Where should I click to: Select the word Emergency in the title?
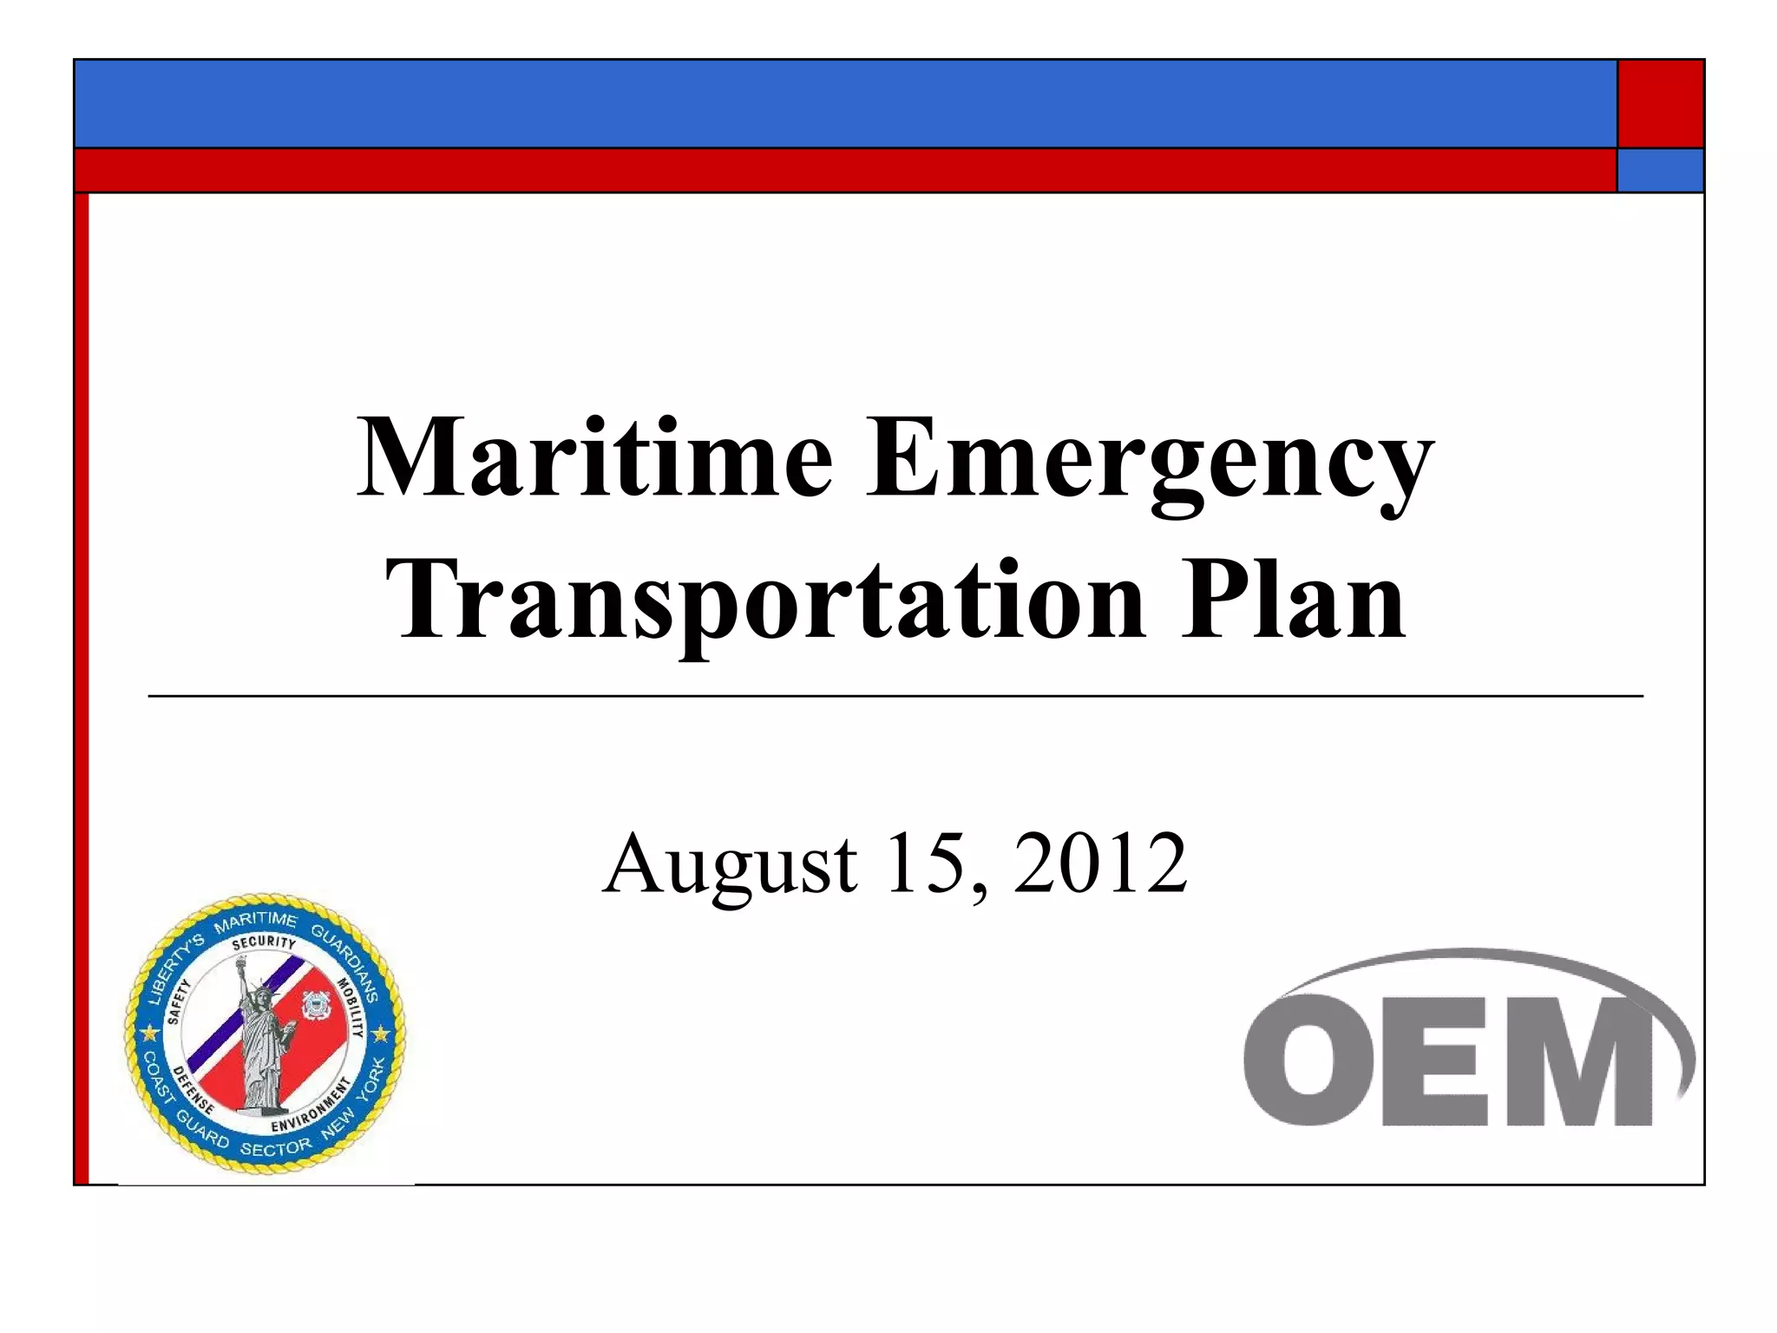[x=1149, y=458]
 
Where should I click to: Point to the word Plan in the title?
[x=1292, y=601]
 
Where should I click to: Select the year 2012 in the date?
[x=1100, y=863]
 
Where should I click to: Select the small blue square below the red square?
[x=1660, y=170]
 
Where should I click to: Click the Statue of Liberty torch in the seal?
[x=242, y=961]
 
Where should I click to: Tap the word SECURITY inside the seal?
[x=264, y=943]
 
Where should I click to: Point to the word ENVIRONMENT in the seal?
[x=311, y=1107]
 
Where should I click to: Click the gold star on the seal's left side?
[x=150, y=1034]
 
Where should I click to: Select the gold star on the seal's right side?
[x=381, y=1034]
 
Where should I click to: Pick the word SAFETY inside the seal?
[x=179, y=1003]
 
